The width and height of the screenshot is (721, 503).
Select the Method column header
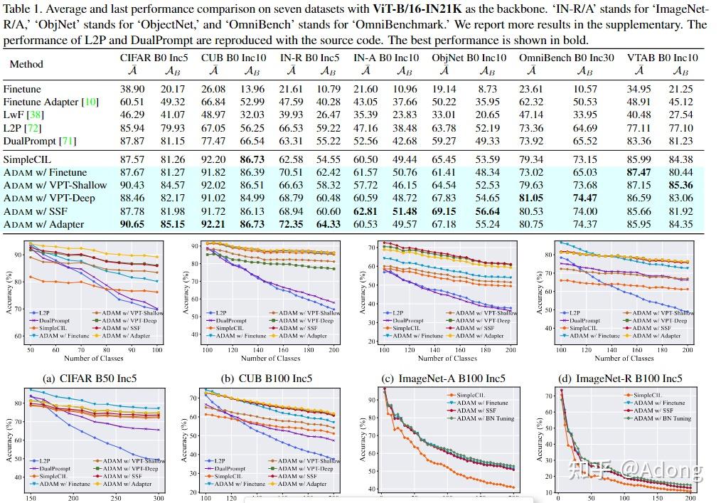[26, 64]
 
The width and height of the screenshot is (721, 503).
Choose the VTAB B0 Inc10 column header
[663, 58]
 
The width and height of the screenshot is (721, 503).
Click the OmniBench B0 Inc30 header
[567, 58]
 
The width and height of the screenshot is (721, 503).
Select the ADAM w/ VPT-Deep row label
[49, 198]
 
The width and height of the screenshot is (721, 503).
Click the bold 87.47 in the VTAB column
[639, 173]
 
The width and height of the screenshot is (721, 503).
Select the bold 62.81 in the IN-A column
[365, 211]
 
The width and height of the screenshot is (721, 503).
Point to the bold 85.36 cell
[680, 186]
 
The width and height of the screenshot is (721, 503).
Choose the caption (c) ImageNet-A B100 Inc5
[445, 378]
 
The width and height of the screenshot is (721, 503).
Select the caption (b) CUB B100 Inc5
[267, 378]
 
